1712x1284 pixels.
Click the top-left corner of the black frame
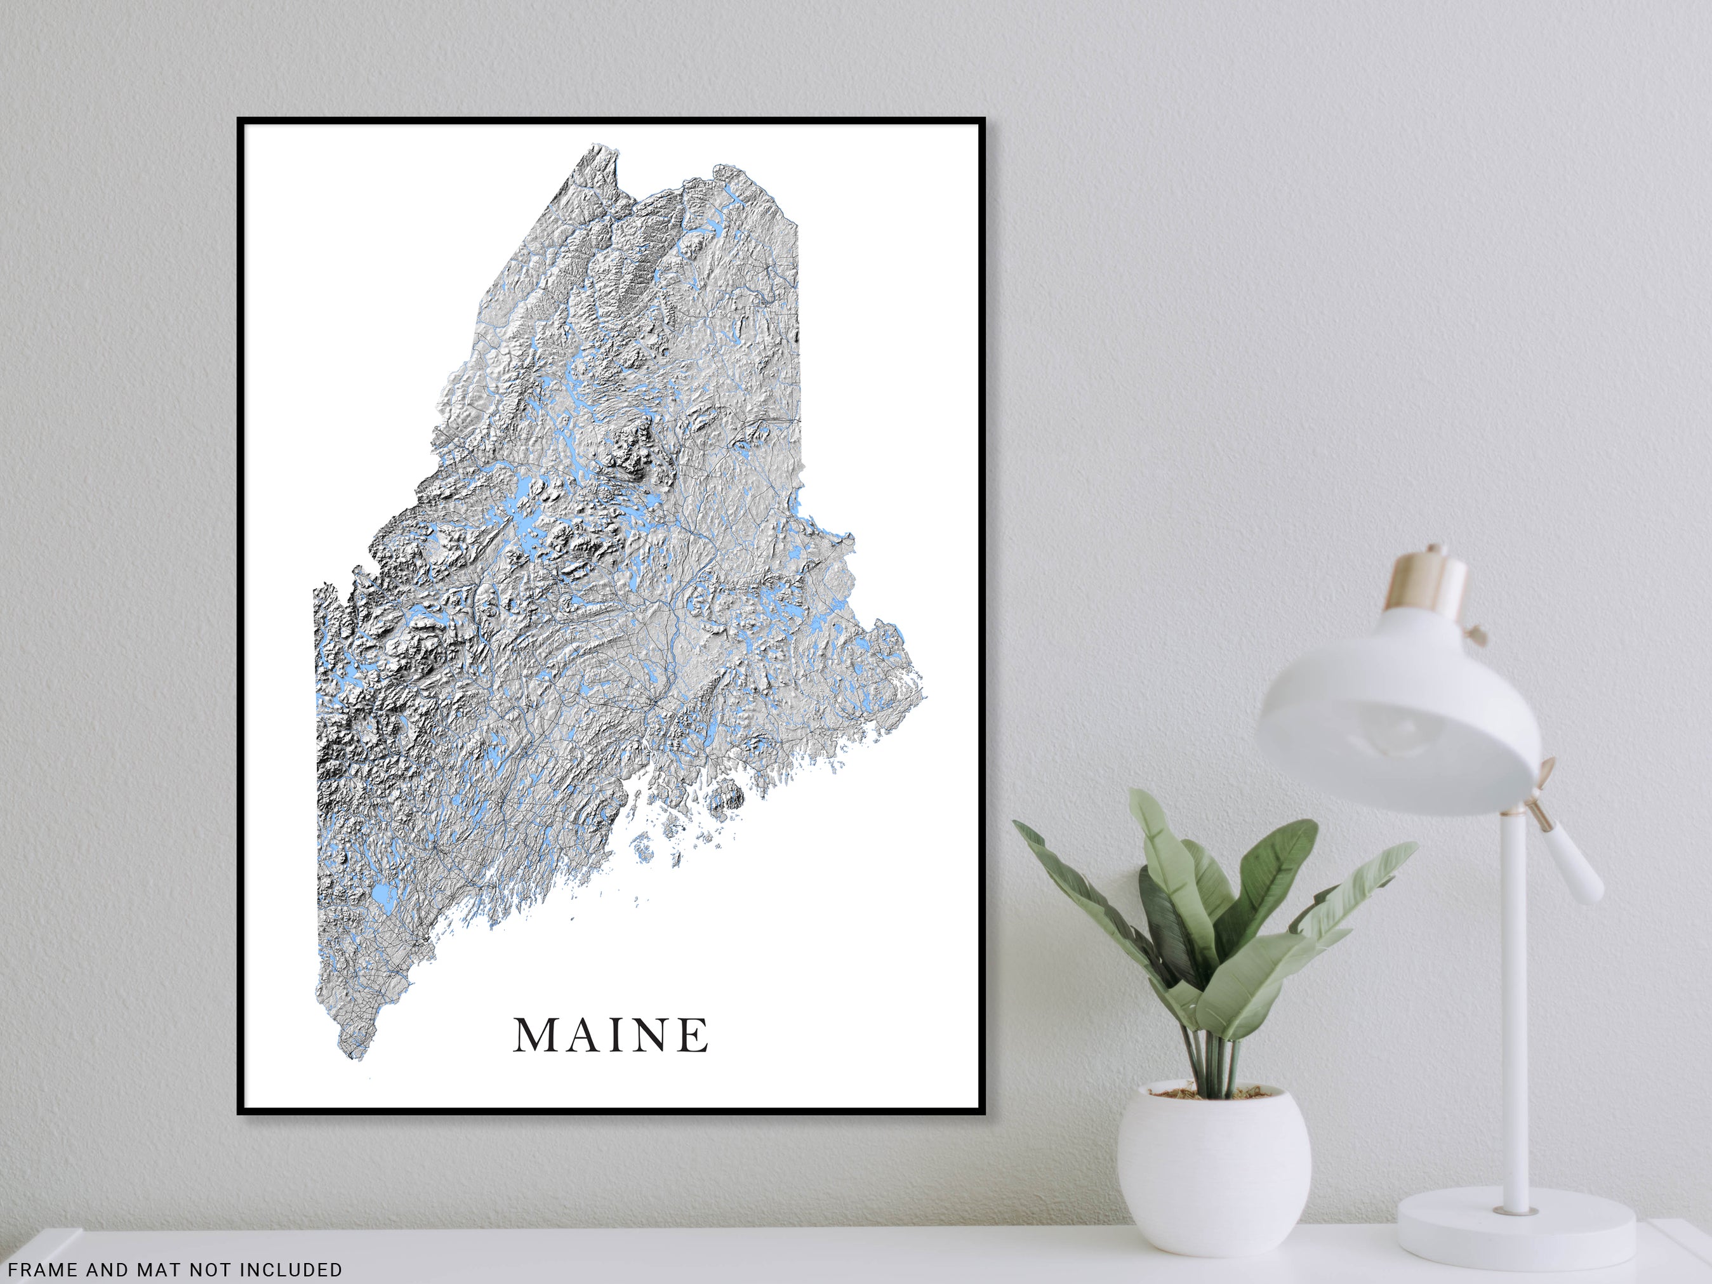[x=240, y=121]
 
